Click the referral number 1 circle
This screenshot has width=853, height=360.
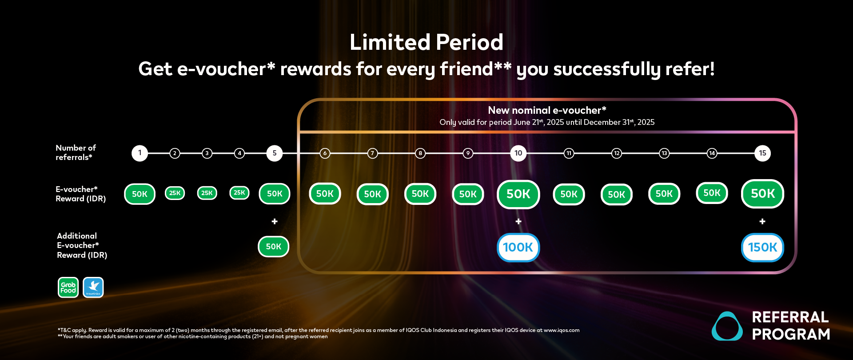coord(140,153)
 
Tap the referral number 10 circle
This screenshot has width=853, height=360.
coord(518,153)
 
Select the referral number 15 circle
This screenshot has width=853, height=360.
coord(762,153)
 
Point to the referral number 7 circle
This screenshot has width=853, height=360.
coord(372,153)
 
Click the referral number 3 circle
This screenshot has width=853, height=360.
coord(207,153)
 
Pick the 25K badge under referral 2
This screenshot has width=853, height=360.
coord(175,193)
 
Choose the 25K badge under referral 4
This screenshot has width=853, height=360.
coord(239,192)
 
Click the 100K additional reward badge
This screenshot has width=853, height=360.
coord(518,247)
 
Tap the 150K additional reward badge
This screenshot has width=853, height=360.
coord(762,247)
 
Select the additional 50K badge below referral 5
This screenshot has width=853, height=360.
coord(274,247)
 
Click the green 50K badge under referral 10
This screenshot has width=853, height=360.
coord(518,194)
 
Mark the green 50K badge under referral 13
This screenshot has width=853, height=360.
coord(664,194)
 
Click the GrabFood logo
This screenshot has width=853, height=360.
coord(68,287)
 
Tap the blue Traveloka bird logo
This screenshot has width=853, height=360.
coord(93,287)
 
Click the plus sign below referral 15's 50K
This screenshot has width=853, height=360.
coord(762,221)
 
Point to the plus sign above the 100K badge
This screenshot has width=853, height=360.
coord(518,221)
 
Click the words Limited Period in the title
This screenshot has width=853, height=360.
coord(426,43)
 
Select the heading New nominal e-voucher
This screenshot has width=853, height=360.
coord(547,110)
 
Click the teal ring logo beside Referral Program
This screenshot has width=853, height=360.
coord(727,326)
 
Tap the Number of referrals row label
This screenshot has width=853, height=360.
coord(76,152)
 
